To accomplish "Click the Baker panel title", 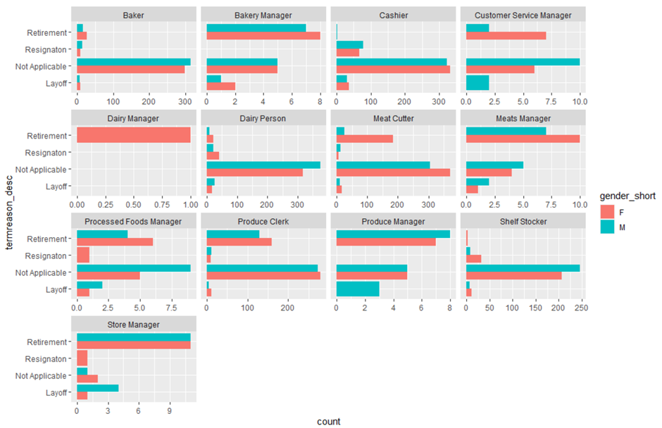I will coord(134,15).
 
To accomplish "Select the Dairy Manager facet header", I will coord(134,118).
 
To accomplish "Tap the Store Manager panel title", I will coord(134,325).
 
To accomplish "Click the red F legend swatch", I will coord(606,211).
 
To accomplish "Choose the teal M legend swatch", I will coord(606,227).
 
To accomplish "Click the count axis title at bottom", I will coord(328,421).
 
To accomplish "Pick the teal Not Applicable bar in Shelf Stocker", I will coord(523,268).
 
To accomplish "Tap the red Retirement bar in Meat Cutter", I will coord(365,139).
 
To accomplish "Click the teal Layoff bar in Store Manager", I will coord(97,388).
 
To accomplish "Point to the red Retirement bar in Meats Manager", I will coord(523,139).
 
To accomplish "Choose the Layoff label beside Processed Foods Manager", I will coord(57,289).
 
